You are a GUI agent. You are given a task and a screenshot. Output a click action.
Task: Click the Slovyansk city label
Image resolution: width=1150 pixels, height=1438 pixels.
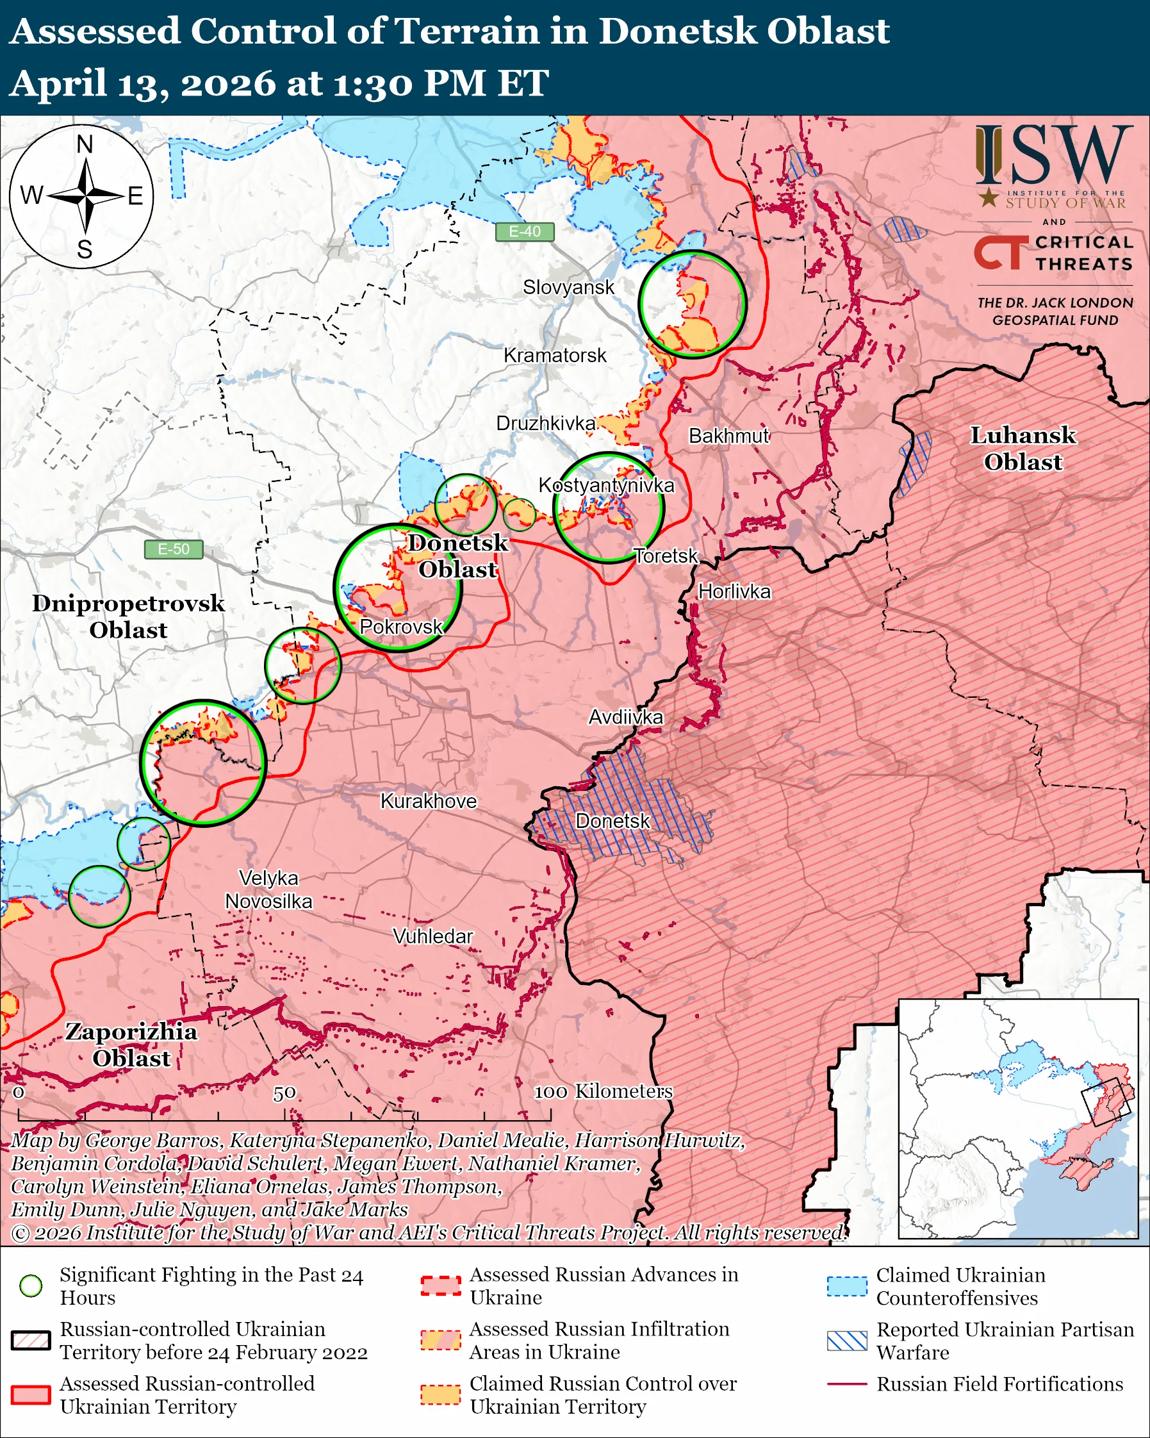[x=568, y=288]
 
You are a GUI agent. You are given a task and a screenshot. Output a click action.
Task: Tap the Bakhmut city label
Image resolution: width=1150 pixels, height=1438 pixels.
[x=728, y=436]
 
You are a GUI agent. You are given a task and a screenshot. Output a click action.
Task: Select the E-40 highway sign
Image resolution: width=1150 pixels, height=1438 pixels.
[x=525, y=231]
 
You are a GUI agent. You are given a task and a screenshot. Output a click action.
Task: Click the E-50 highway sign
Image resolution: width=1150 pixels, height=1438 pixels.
[x=174, y=549]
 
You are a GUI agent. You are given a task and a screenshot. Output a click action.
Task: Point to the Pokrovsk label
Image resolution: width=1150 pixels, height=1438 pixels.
[x=400, y=626]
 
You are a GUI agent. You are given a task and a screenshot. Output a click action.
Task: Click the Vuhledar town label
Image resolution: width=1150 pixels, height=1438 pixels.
[x=432, y=936]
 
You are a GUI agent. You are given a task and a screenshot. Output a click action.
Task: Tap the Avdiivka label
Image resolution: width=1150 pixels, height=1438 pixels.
[x=625, y=717]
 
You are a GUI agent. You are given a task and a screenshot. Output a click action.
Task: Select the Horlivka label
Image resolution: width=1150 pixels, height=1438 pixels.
[x=734, y=591]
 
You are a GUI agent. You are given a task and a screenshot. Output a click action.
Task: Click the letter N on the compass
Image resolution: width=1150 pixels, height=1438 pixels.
[x=85, y=145]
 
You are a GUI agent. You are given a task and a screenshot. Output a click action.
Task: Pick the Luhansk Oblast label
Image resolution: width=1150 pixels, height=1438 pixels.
[x=1022, y=448]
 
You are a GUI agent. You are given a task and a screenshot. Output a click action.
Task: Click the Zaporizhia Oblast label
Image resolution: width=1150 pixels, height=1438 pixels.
[x=131, y=1045]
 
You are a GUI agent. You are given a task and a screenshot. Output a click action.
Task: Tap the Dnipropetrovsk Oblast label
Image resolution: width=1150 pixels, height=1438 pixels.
[x=128, y=616]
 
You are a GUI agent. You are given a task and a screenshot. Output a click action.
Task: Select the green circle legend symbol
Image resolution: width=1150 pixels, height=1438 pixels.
[x=31, y=1285]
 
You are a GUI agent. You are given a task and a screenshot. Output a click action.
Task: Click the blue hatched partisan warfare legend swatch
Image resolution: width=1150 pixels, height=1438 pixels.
[x=847, y=1341]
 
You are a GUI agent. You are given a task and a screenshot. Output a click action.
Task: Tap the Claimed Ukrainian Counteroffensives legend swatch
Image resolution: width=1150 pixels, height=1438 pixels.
[x=847, y=1286]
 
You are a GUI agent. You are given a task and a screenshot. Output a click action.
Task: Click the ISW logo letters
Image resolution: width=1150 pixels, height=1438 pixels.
[x=1053, y=156]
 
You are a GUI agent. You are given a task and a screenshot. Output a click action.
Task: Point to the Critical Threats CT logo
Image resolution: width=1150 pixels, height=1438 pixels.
[x=1001, y=252]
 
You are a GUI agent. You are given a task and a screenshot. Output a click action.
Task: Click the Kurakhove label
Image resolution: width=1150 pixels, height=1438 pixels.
[x=429, y=801]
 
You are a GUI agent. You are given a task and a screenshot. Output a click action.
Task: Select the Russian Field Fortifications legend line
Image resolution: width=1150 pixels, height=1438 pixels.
[x=847, y=1384]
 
